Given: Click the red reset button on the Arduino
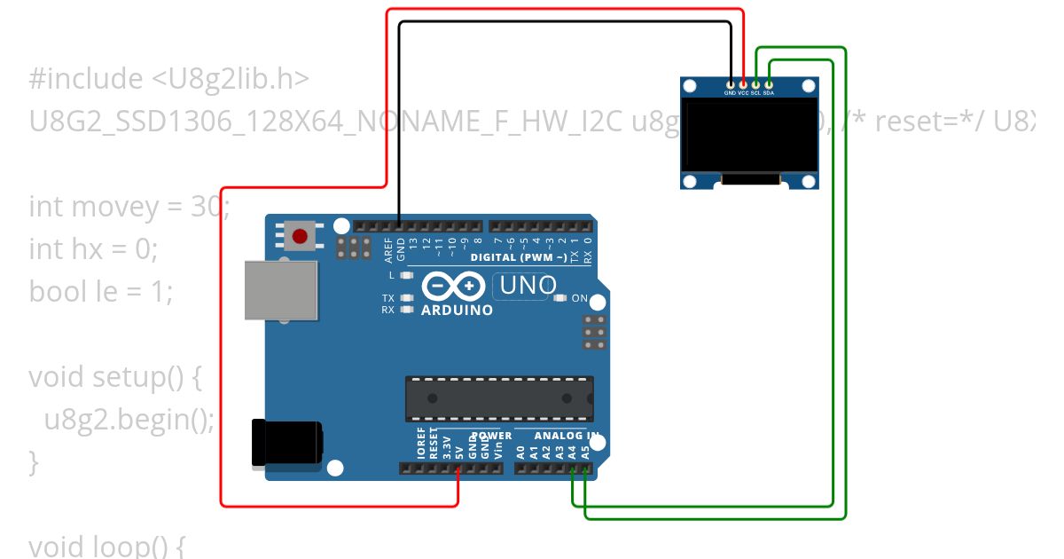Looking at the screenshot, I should [301, 236].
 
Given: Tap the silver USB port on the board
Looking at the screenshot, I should [280, 290].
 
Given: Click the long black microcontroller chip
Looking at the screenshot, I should [499, 398].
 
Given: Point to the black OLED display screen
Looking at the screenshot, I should [750, 136].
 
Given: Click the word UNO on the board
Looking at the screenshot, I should [528, 286].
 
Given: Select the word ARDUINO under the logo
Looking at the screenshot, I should [457, 311].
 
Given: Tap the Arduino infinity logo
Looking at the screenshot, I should [453, 287].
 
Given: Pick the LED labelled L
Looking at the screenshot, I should [407, 276].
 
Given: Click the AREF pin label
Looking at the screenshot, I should [388, 249].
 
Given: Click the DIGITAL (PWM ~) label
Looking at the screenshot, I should [519, 257].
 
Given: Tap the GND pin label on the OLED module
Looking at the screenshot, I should [730, 92].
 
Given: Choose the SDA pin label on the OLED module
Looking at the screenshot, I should [769, 92].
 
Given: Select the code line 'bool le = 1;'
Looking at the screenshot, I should [100, 291].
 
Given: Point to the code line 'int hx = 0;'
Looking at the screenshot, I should [93, 249].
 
